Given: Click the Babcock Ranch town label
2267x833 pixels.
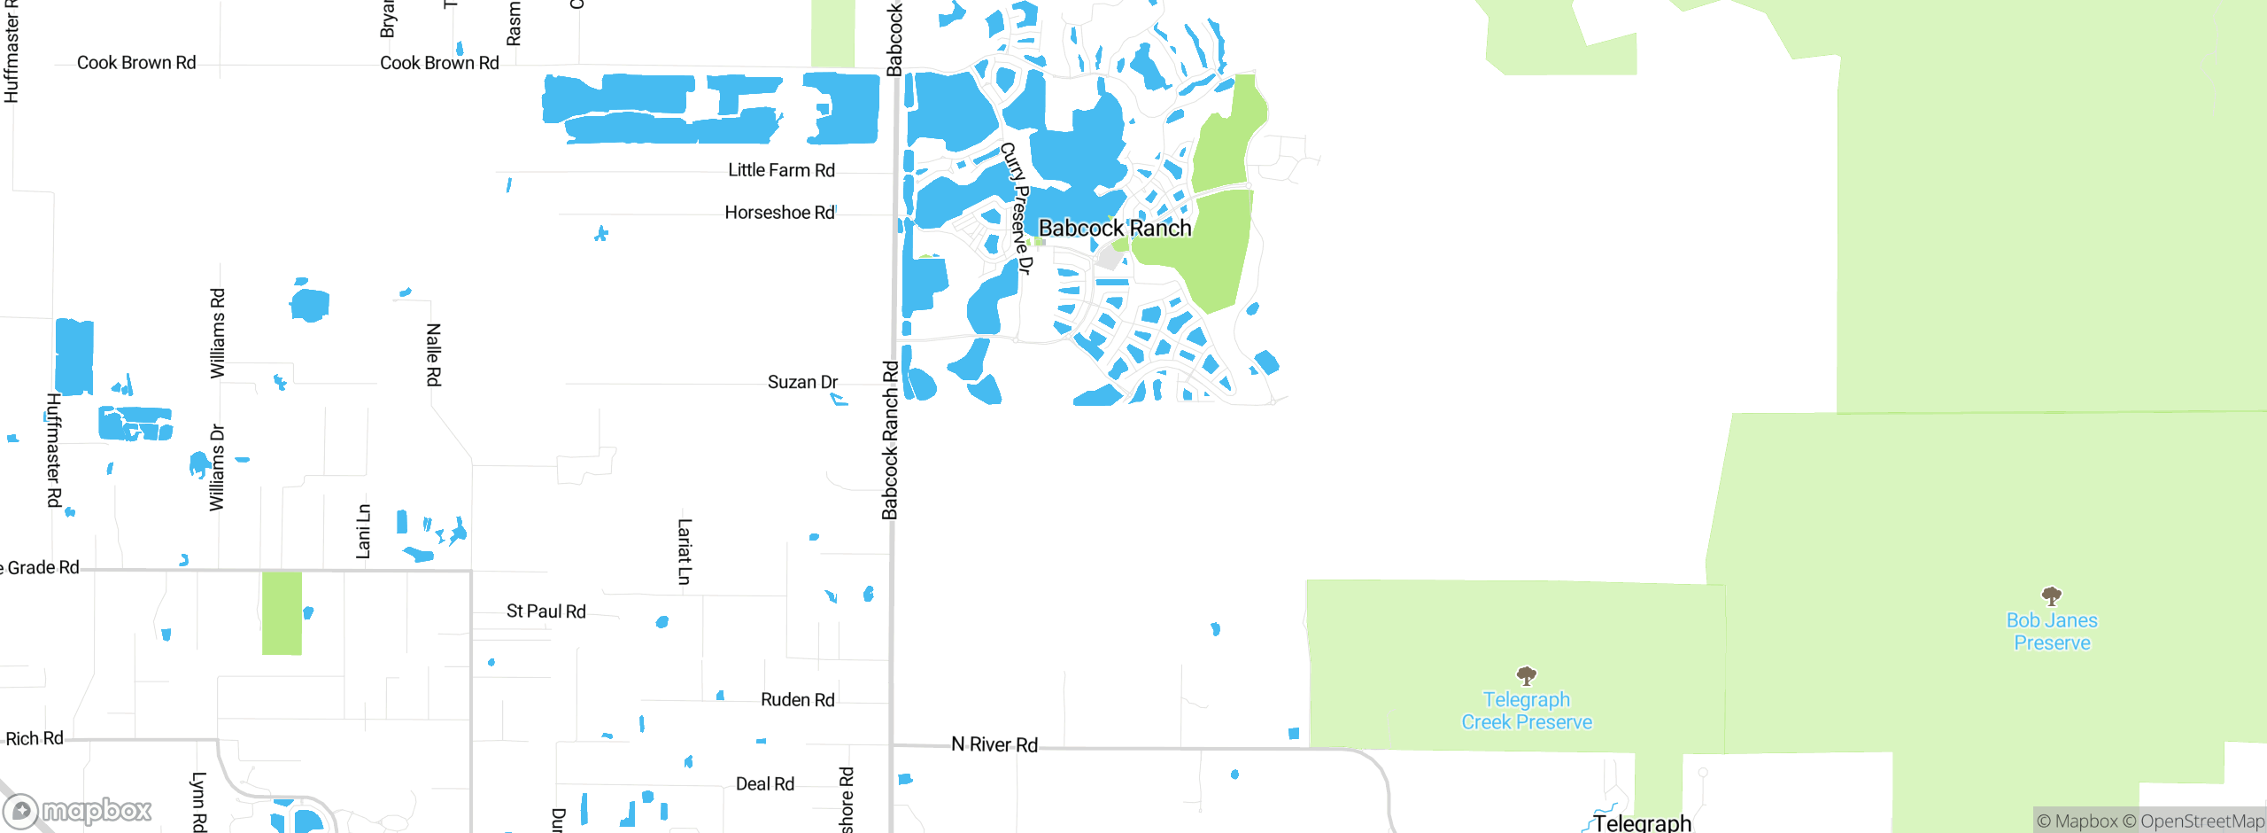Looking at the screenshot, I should tap(1114, 228).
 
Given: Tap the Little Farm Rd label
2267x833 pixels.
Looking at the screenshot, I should tap(781, 170).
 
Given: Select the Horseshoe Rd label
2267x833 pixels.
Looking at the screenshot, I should tap(779, 213).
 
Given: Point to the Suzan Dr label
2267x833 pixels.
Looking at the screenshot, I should tap(802, 382).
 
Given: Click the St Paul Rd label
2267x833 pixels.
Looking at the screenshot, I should tap(545, 611).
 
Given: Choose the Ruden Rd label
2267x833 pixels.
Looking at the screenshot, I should tap(797, 700).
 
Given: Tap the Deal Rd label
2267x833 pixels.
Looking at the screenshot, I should tap(764, 784).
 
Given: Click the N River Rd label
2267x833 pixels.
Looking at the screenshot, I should tap(994, 744).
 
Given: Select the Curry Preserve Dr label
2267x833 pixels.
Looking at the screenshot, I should tap(1017, 208).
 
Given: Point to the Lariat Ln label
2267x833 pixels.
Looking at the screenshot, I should tap(684, 551).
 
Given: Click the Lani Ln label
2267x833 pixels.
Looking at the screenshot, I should tap(363, 532).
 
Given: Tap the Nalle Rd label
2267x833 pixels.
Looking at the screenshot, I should tap(433, 354).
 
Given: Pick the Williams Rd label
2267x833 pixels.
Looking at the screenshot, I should tap(218, 333).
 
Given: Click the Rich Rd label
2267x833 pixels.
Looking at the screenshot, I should tap(35, 738).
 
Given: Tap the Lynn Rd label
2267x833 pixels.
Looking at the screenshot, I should tap(199, 801).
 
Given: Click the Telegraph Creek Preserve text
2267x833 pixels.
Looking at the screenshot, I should tap(1526, 711).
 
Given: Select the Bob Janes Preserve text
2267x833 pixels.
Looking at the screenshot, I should tap(2052, 632).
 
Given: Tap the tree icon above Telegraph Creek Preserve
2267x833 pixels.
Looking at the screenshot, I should tap(1526, 676).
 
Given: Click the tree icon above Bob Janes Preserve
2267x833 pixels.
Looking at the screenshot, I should tap(2051, 596).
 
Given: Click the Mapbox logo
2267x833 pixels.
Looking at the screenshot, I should tap(78, 810).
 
